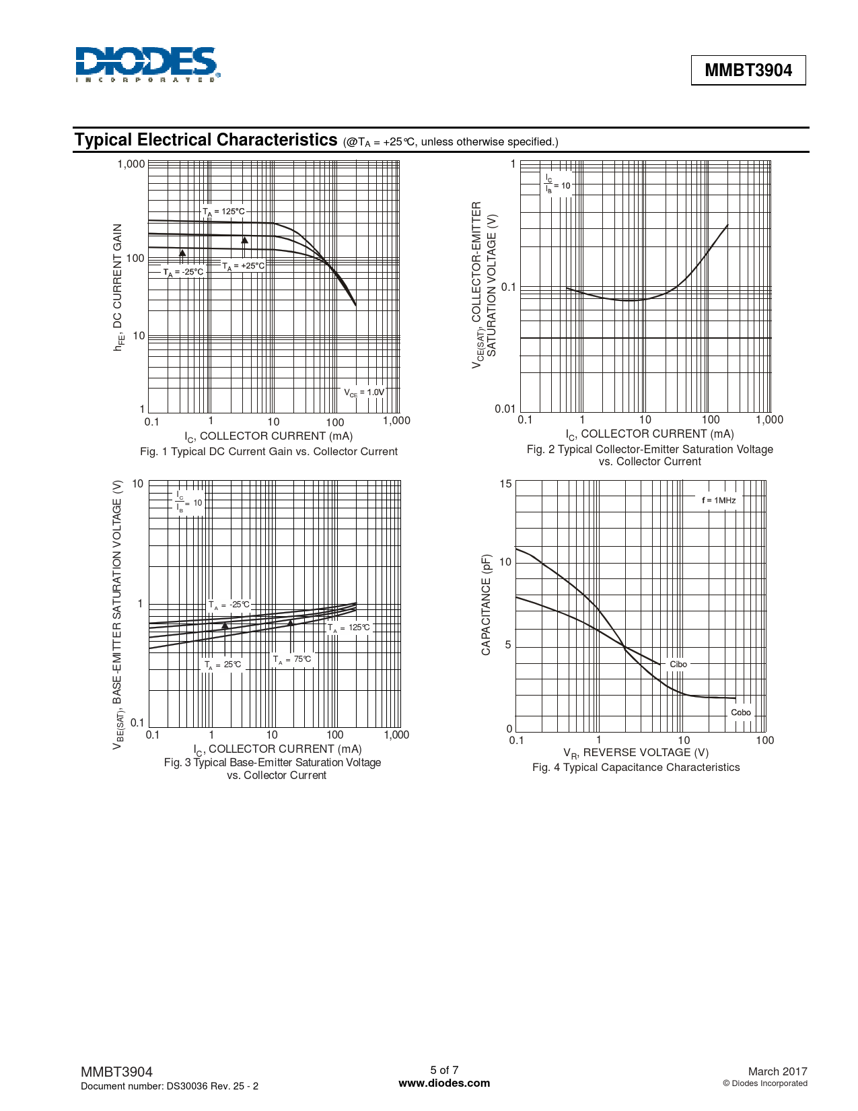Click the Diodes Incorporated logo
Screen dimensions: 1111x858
tap(147, 65)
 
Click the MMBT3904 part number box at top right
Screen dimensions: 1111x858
tap(748, 70)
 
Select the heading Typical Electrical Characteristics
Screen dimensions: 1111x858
tap(206, 140)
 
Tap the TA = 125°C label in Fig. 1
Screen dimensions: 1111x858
tap(224, 211)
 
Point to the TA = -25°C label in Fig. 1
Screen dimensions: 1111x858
tap(183, 272)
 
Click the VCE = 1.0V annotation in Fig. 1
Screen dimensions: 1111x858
tap(364, 393)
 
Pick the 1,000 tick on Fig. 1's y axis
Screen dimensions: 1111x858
tap(131, 164)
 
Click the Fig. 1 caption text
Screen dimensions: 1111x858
tap(269, 452)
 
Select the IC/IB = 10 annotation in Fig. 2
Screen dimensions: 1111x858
tap(557, 184)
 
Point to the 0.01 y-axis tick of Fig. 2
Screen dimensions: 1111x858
tap(505, 409)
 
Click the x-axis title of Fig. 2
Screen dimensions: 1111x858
tap(649, 434)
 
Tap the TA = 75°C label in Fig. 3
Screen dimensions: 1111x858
tap(292, 660)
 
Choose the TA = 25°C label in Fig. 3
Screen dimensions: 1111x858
tap(223, 665)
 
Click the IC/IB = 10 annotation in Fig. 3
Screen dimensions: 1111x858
tap(188, 502)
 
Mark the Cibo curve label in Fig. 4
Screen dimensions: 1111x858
tap(678, 665)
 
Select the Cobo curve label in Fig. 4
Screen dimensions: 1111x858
tap(741, 712)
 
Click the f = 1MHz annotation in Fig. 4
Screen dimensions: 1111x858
tap(719, 500)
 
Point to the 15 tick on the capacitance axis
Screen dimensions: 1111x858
tap(505, 484)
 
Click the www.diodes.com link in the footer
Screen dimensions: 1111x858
tap(444, 1083)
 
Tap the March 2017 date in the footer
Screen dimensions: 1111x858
tap(777, 1071)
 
